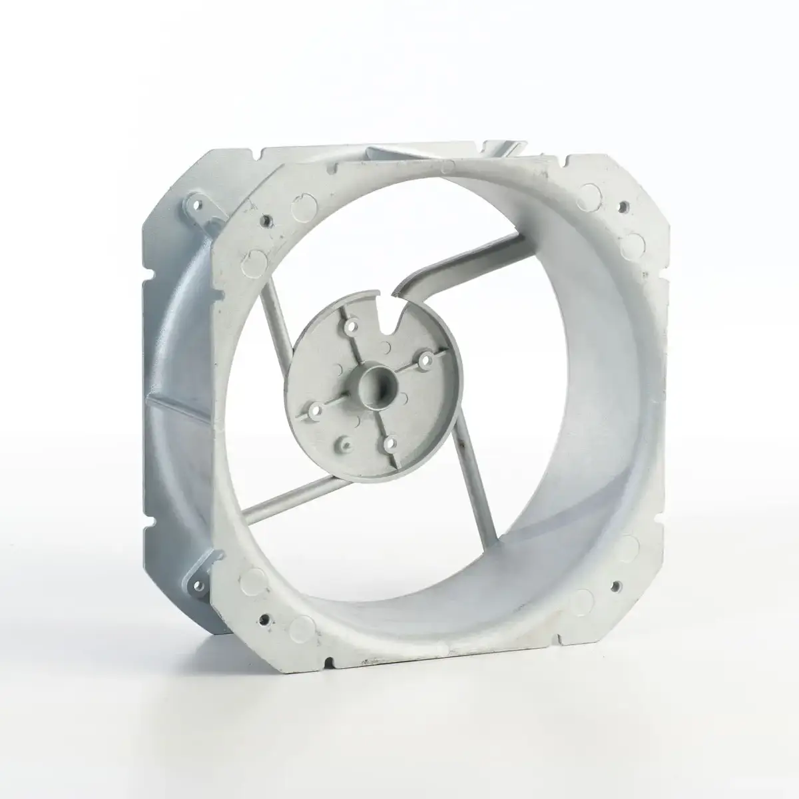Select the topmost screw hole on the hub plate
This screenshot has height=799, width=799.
(x=349, y=326)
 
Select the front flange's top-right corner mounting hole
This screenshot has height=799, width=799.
(x=624, y=207)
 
